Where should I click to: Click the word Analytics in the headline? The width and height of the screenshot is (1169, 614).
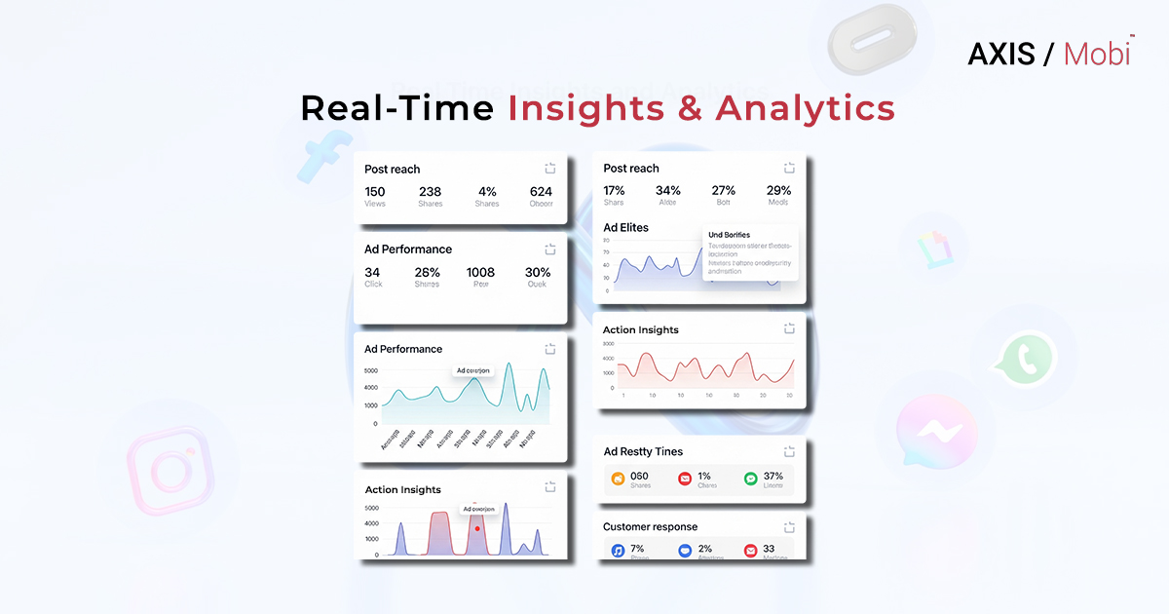point(805,108)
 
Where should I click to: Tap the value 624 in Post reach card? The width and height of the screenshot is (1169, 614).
point(541,192)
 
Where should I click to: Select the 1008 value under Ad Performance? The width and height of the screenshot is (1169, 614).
point(480,273)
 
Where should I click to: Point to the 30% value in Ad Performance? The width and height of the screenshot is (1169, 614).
point(538,273)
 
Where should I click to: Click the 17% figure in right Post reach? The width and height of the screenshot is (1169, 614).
point(614,191)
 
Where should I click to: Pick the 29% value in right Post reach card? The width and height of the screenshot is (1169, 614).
point(778,191)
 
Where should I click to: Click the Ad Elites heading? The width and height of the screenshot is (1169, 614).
point(625,227)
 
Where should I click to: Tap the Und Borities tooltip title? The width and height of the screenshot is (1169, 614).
point(729,235)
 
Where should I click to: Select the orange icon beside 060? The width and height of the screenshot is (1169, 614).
point(617,479)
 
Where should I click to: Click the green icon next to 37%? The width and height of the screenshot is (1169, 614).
point(750,479)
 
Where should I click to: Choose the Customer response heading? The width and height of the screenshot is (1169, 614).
point(650,526)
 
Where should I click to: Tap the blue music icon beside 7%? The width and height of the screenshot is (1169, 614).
point(617,551)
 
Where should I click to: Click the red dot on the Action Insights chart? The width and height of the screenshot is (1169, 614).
point(477,528)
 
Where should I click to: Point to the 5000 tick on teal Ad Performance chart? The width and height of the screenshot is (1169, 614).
point(370,371)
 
